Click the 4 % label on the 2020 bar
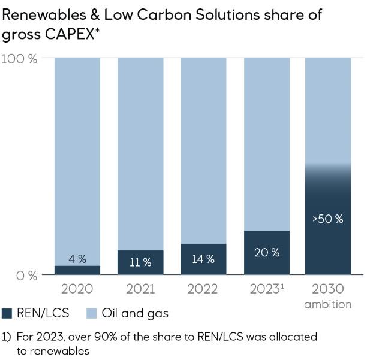point(77,259)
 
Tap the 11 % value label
point(140,262)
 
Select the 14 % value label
point(203,259)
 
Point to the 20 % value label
point(267,252)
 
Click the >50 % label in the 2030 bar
point(328,219)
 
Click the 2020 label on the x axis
point(77,289)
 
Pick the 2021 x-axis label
point(140,289)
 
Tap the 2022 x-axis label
point(203,289)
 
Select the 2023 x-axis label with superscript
point(266,289)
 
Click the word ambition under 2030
point(328,304)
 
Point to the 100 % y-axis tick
point(19,59)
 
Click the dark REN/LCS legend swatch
point(8,313)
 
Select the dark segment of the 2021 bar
point(140,262)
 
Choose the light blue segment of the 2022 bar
point(203,150)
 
